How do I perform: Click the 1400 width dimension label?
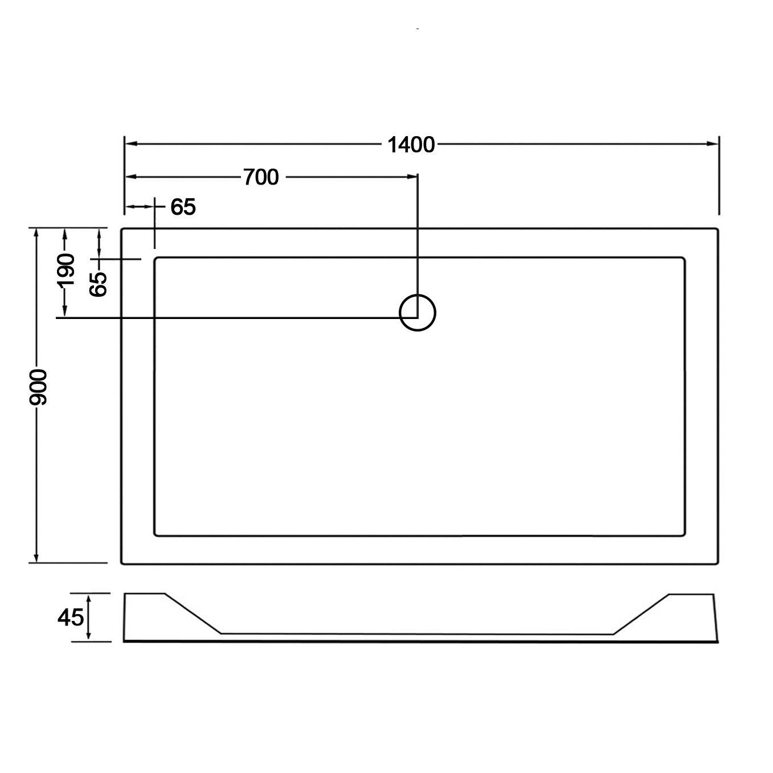tap(411, 145)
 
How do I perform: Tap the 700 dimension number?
tap(261, 177)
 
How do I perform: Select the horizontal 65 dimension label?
tap(183, 207)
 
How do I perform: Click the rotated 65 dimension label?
tap(98, 284)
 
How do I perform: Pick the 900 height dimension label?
tap(38, 387)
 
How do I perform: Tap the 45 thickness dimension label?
tap(71, 617)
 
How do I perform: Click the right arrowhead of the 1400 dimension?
tap(713, 144)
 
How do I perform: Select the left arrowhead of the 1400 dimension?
tap(131, 144)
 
